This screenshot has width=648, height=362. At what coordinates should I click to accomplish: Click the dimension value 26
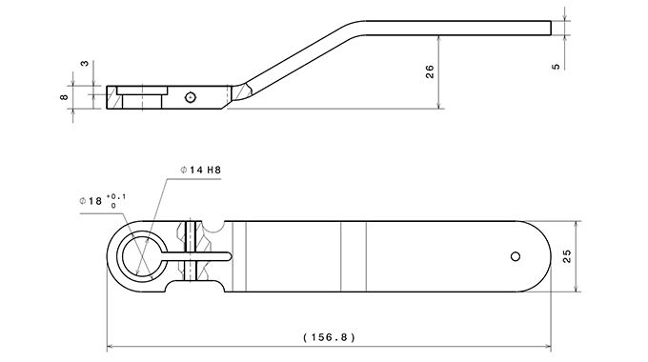pyautogui.click(x=430, y=71)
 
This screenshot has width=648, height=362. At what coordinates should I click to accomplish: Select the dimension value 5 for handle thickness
pyautogui.click(x=557, y=66)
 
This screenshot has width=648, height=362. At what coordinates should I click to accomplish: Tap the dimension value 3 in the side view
pyautogui.click(x=84, y=64)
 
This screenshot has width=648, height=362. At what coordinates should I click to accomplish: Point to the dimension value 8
pyautogui.click(x=64, y=97)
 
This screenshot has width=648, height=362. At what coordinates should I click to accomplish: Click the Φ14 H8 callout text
pyautogui.click(x=201, y=170)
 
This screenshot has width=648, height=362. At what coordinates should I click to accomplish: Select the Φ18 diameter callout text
pyautogui.click(x=91, y=201)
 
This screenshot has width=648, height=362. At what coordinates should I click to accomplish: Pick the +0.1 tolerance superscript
pyautogui.click(x=116, y=196)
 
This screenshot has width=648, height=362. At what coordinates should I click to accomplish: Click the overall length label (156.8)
pyautogui.click(x=329, y=337)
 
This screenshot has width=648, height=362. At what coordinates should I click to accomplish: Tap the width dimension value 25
pyautogui.click(x=567, y=256)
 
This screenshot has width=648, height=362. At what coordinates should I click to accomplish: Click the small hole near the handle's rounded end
pyautogui.click(x=516, y=256)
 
